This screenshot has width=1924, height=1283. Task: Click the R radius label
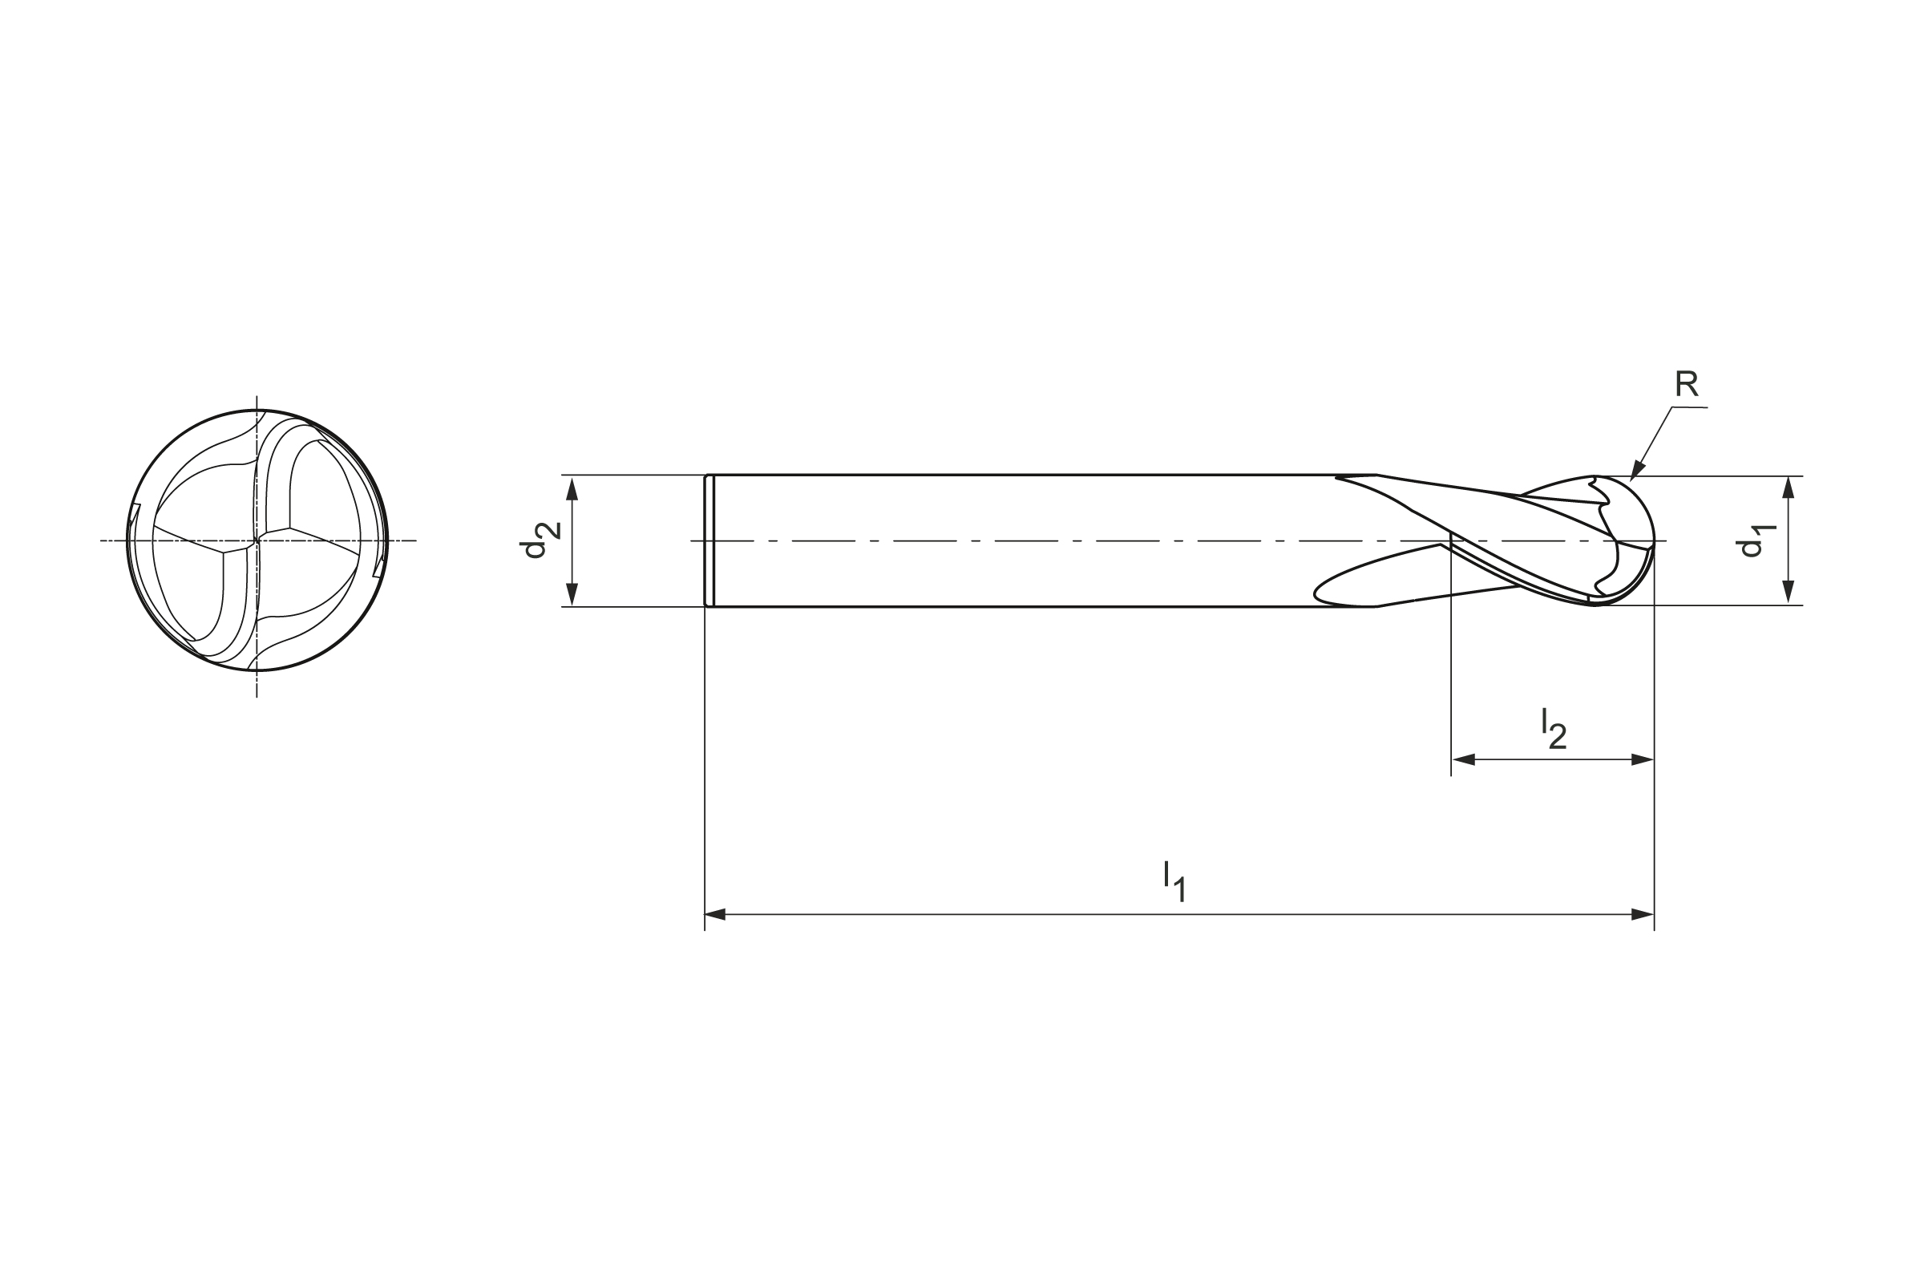[x=1687, y=384]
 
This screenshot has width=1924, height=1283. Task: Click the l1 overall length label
[x=1174, y=881]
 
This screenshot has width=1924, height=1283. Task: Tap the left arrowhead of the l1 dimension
[x=716, y=914]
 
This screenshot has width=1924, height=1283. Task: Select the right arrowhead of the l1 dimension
[x=1643, y=914]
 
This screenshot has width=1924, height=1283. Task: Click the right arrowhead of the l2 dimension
[x=1643, y=759]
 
